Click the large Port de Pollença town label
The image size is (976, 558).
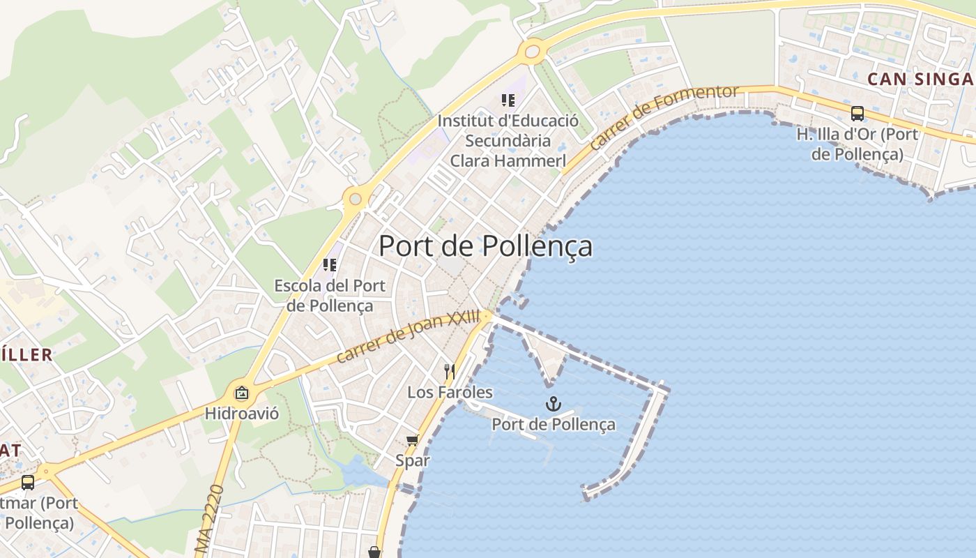click(485, 246)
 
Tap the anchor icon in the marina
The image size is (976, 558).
click(553, 404)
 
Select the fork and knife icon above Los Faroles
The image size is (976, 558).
click(450, 371)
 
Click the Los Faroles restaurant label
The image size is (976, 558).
click(450, 392)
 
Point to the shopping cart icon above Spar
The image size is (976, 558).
click(412, 439)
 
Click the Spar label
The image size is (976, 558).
click(413, 460)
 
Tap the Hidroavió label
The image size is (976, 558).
click(241, 414)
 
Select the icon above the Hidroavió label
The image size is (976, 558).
click(241, 393)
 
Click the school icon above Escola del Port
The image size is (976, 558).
click(330, 265)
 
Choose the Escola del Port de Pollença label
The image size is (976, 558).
click(330, 295)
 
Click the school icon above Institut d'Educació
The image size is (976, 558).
click(508, 100)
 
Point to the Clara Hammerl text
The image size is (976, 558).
click(508, 160)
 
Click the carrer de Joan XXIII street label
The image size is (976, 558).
click(408, 336)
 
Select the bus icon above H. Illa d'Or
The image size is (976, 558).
click(857, 113)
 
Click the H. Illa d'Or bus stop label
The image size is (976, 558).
click(857, 144)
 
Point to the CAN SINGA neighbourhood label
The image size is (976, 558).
click(919, 79)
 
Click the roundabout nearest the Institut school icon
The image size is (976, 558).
click(532, 50)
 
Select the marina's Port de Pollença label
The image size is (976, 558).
click(554, 424)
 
